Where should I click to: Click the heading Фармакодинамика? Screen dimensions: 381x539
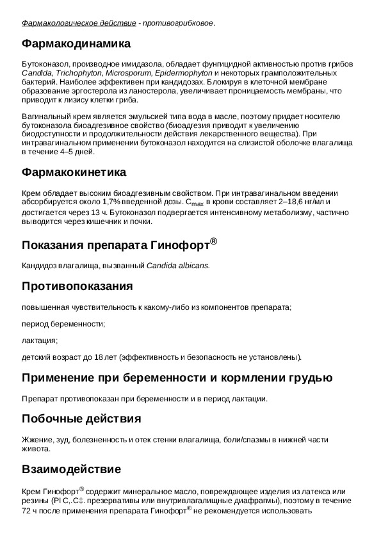(76, 44)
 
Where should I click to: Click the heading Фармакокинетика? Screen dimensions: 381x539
(74, 172)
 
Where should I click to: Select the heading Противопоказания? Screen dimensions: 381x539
(77, 286)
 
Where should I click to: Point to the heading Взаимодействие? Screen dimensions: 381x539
(70, 469)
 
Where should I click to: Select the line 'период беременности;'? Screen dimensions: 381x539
(63, 323)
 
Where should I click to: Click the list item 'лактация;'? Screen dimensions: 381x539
(40, 340)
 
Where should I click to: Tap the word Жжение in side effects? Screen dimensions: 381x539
(36, 440)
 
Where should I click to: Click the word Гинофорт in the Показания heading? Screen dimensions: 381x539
(181, 246)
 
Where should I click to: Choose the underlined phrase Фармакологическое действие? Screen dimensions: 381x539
(79, 24)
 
